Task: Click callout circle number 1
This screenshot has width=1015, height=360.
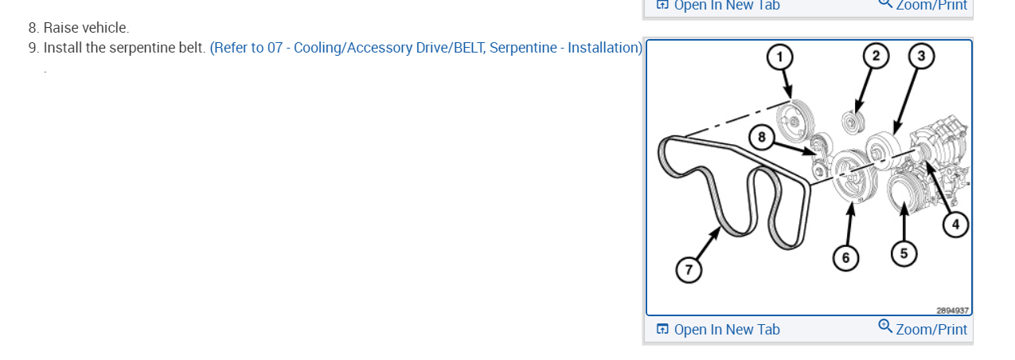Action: click(x=780, y=57)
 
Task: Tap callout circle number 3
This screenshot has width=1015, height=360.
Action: click(x=921, y=56)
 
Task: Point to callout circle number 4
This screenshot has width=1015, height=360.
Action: click(x=956, y=225)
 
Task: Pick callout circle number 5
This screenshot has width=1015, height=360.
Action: click(x=904, y=253)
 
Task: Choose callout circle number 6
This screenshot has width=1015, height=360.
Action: click(x=845, y=257)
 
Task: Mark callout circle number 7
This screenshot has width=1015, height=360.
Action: click(x=689, y=270)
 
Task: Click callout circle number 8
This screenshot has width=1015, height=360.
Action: click(x=762, y=138)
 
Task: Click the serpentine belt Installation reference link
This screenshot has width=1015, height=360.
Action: click(x=426, y=48)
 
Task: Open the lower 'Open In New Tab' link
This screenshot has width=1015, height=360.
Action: click(x=726, y=329)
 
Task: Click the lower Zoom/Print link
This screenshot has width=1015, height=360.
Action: click(x=931, y=329)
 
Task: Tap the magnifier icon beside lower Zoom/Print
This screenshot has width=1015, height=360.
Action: click(x=885, y=327)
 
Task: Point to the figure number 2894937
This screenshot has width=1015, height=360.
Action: click(x=952, y=311)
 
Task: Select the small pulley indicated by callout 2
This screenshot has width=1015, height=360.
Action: click(x=853, y=123)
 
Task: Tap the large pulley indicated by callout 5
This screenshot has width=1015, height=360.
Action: click(x=903, y=194)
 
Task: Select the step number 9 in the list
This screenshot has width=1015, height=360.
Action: click(x=33, y=48)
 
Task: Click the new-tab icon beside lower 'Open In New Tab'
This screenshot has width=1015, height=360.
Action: click(x=662, y=329)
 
